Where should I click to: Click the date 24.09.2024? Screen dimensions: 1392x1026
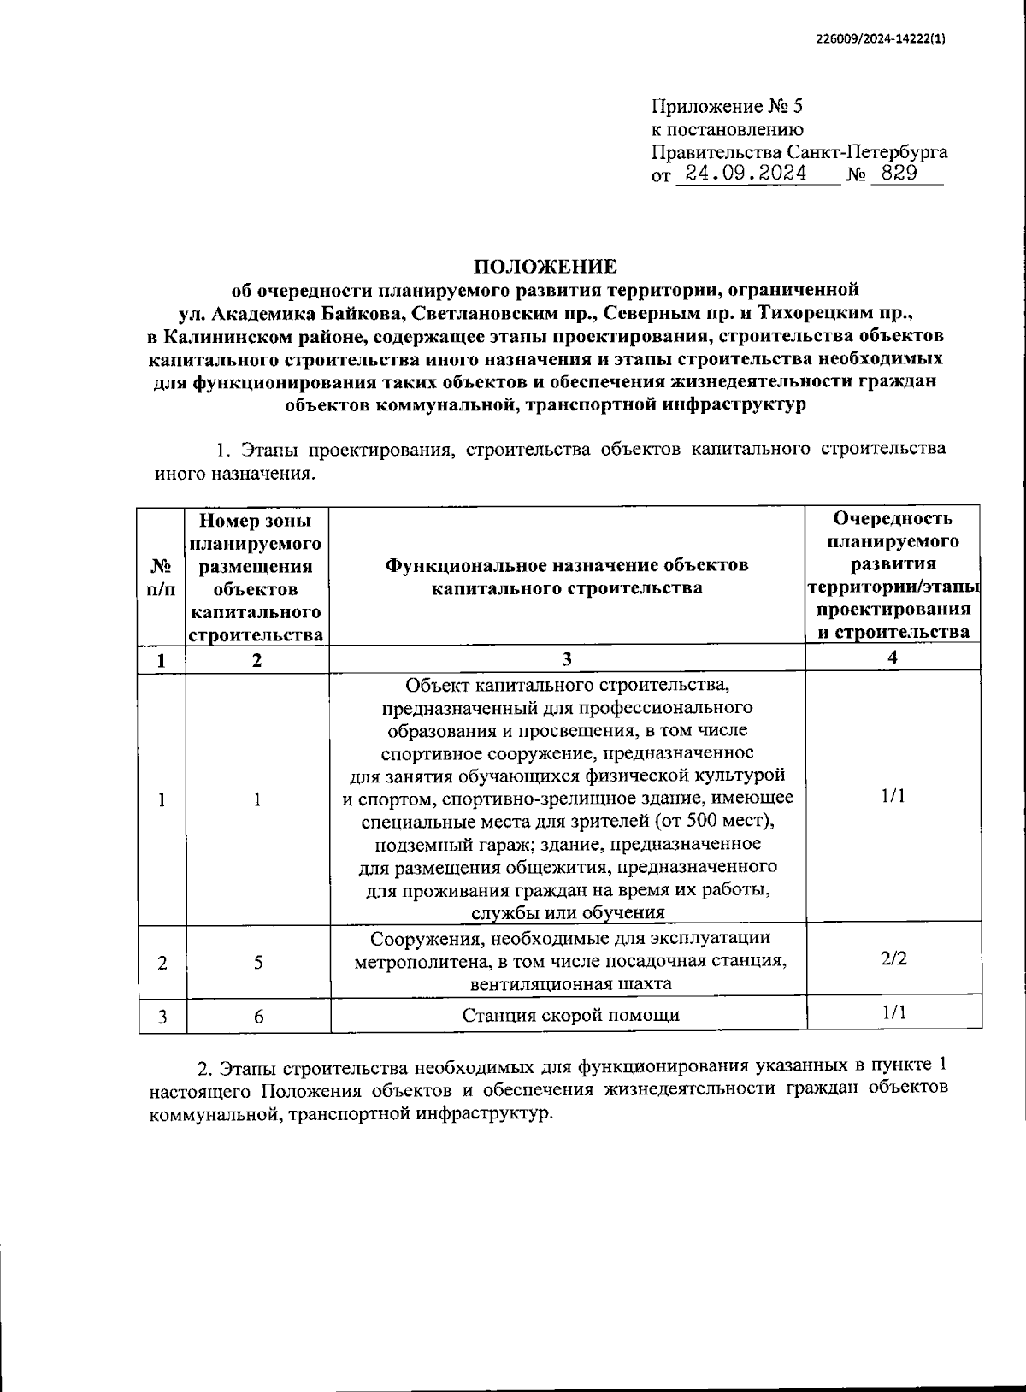pos(740,174)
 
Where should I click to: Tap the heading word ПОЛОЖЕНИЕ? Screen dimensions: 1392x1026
pos(544,266)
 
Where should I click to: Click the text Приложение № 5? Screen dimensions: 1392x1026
pos(728,107)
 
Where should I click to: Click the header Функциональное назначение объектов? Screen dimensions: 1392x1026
pos(567,565)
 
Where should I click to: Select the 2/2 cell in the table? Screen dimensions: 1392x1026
pos(893,958)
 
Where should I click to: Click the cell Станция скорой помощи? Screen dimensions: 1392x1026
pos(570,1015)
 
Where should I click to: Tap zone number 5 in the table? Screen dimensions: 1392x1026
pos(257,963)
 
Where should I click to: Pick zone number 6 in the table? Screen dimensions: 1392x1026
pos(257,1016)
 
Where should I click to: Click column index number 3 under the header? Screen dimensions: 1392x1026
pos(566,658)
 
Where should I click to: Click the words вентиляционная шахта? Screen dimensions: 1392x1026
pos(570,983)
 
